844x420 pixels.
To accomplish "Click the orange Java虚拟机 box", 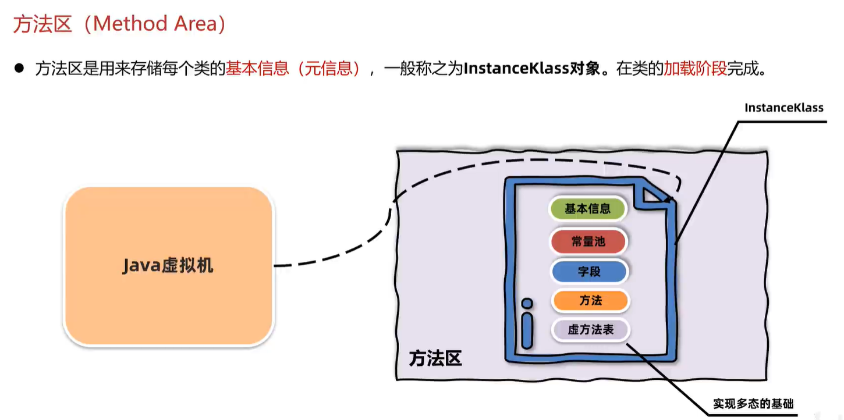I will click(168, 266).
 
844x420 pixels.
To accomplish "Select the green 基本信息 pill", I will click(587, 209).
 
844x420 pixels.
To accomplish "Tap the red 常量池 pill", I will click(588, 241).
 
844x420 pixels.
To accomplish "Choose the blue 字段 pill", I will click(589, 271).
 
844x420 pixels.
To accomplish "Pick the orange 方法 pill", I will click(590, 301).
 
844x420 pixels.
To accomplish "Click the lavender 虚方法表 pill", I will click(590, 330).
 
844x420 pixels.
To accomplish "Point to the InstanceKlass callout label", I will click(783, 108).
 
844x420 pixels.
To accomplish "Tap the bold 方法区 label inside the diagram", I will click(435, 358).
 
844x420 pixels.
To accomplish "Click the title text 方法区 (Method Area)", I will click(119, 24).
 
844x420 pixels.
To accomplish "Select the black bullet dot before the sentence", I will click(19, 69).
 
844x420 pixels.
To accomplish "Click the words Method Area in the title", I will click(155, 24).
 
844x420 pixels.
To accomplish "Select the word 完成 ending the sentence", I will click(743, 69).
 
